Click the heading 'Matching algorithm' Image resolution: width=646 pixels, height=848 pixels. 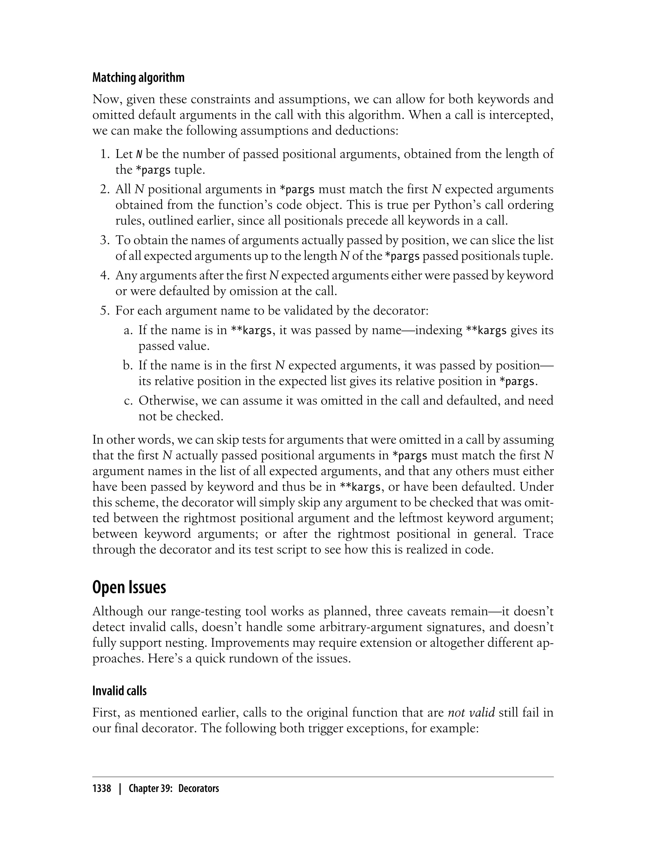click(138, 78)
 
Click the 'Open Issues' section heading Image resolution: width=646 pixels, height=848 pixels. click(129, 587)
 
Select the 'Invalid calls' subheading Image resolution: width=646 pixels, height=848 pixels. click(120, 691)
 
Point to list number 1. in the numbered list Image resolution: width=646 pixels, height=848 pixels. click(105, 154)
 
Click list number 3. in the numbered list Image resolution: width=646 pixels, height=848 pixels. click(105, 240)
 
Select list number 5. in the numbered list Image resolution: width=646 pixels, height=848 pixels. click(105, 310)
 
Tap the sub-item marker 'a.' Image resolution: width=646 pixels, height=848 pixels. click(128, 330)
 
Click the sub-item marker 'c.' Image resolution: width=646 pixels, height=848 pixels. click(128, 401)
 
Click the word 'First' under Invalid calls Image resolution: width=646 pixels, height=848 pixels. click(105, 713)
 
